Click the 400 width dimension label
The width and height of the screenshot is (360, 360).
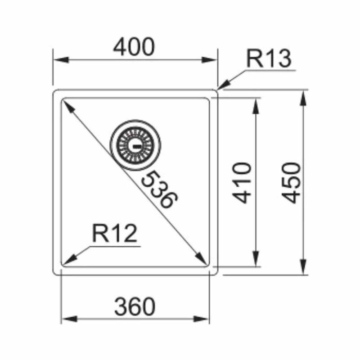[134, 47]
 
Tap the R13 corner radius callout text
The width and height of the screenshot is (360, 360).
[269, 58]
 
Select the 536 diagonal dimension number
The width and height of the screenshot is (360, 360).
[159, 189]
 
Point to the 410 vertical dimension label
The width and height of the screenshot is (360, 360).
[241, 183]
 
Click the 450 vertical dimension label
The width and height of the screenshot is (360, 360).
[291, 183]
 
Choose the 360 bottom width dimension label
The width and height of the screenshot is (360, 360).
[135, 306]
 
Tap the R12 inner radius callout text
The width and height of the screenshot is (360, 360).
[114, 234]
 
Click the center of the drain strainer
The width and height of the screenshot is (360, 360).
[135, 145]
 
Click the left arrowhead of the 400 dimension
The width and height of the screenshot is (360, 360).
[61, 60]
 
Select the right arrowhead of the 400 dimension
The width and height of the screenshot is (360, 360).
[209, 60]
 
